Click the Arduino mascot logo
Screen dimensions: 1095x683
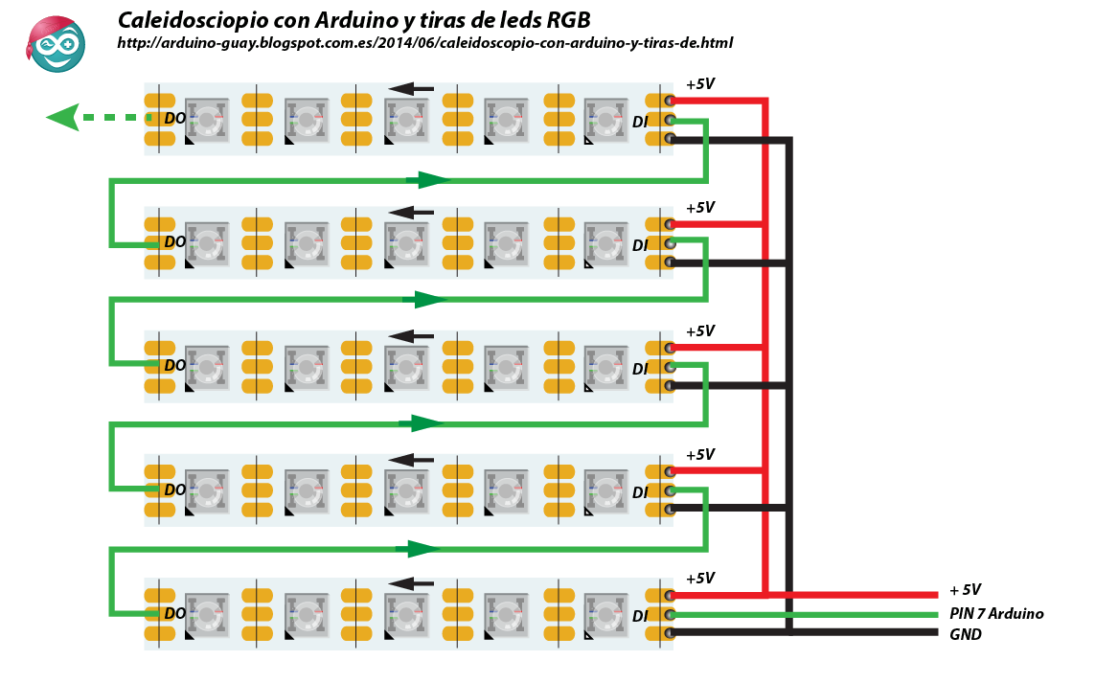pyautogui.click(x=56, y=44)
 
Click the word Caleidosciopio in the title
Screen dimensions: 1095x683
pyautogui.click(x=192, y=20)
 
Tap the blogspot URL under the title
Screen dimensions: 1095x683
pyautogui.click(x=424, y=43)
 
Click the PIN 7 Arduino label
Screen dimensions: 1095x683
pyautogui.click(x=996, y=614)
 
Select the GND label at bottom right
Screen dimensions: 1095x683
pyautogui.click(x=965, y=635)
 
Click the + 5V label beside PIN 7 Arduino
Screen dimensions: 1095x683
pyautogui.click(x=965, y=590)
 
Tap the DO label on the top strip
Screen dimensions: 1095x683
pyautogui.click(x=174, y=119)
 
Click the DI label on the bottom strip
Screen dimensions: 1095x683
pyautogui.click(x=640, y=616)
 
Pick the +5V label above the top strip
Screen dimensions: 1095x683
pyautogui.click(x=700, y=84)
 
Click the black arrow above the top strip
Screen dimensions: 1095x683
pyautogui.click(x=411, y=89)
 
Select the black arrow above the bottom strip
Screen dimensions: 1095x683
pyautogui.click(x=411, y=583)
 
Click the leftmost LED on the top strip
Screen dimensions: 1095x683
pyautogui.click(x=207, y=120)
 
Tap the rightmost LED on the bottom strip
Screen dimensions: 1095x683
pyautogui.click(x=605, y=615)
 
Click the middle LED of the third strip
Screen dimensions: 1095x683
pyautogui.click(x=406, y=367)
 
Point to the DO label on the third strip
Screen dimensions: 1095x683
pyautogui.click(x=174, y=365)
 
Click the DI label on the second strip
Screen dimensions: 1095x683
pyautogui.click(x=640, y=246)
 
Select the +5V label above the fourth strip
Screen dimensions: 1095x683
pyautogui.click(x=700, y=455)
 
